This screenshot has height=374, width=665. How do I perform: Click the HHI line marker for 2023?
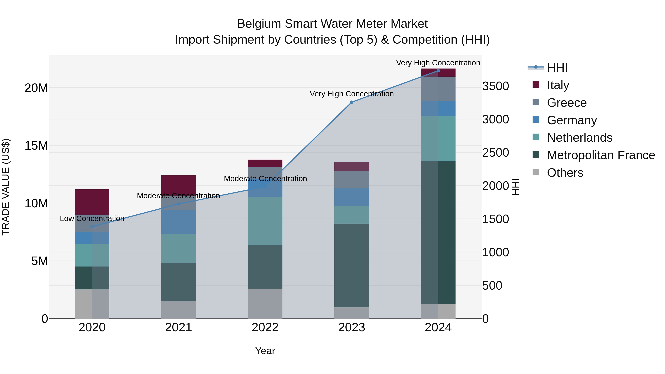click(351, 102)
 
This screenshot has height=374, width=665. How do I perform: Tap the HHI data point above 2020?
click(92, 227)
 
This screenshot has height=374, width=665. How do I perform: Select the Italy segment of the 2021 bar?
click(178, 184)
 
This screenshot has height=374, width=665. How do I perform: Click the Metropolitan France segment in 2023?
click(351, 265)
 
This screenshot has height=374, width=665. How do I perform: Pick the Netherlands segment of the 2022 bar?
click(265, 221)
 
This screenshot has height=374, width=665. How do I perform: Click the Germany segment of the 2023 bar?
click(351, 197)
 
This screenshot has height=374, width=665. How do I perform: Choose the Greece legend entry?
click(567, 103)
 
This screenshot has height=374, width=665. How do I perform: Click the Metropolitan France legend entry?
click(601, 155)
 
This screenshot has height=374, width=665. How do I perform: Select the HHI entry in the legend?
click(557, 68)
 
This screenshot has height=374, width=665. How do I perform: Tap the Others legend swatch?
click(536, 172)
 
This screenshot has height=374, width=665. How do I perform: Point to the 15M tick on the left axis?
click(36, 146)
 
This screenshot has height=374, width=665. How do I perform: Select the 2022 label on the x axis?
click(265, 327)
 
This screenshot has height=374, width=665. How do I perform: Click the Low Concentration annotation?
click(92, 219)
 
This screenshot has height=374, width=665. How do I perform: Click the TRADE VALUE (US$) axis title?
click(6, 187)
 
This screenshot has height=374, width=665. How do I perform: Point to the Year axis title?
click(265, 351)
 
